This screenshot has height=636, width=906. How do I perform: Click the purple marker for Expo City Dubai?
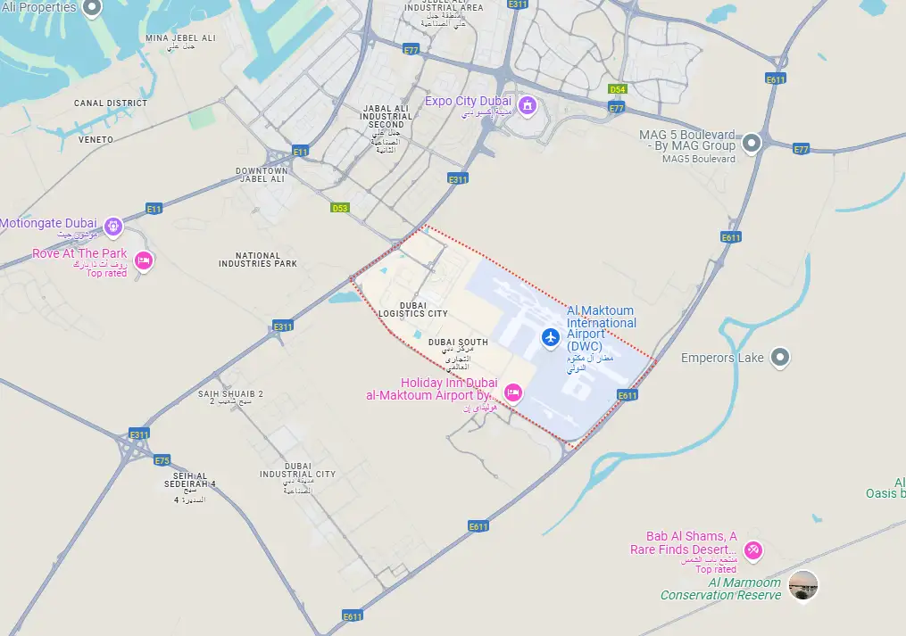coord(528,107)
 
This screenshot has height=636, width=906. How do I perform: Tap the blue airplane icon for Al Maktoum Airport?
coord(550,337)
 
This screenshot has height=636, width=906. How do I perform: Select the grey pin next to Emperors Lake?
coord(781,358)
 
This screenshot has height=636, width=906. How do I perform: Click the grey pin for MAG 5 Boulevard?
coord(752,142)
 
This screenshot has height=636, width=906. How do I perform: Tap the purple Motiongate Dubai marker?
coord(113,227)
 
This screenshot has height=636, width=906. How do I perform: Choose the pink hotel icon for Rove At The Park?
coord(143,261)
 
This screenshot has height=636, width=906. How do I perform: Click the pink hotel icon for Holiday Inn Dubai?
coord(513,392)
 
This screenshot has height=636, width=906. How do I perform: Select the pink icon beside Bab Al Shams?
coord(753,549)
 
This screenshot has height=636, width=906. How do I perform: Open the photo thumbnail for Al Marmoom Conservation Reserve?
coord(803,585)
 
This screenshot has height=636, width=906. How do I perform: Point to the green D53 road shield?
coord(339,208)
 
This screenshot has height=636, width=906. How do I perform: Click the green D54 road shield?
coord(617,90)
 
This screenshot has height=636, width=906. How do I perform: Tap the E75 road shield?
coord(162,460)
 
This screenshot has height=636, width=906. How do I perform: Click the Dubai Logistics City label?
coord(413,310)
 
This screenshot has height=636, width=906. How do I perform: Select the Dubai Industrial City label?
coord(297,469)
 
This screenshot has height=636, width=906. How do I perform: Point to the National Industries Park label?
coord(259,260)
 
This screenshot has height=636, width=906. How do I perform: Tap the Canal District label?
coord(111,103)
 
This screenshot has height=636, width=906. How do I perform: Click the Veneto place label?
coord(96,140)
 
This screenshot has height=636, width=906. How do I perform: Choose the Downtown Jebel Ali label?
coord(261,174)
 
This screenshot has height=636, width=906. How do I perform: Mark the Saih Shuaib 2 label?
coord(230,393)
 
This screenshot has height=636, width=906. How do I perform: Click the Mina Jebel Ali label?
coord(181,38)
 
